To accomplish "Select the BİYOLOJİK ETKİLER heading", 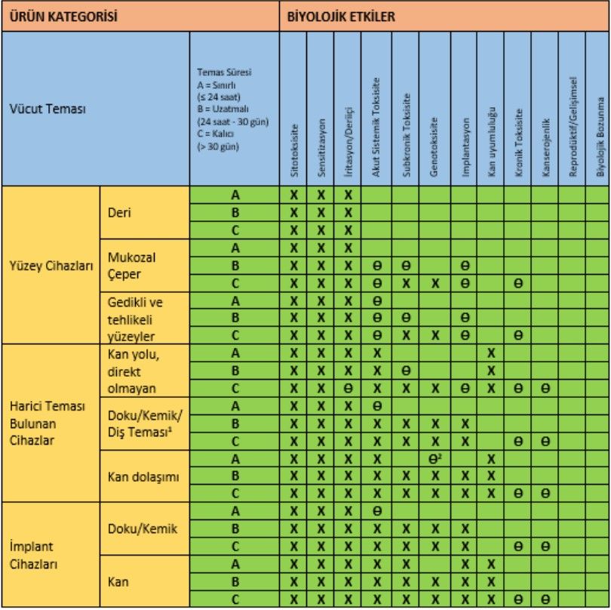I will click(341, 16).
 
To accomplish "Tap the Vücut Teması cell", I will click(48, 109).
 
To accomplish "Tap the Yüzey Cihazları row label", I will click(50, 265).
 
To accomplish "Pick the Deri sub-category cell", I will click(119, 212).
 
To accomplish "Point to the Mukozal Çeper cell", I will click(127, 265).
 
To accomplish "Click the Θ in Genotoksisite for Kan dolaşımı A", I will click(434, 458).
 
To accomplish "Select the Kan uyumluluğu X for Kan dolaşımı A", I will click(491, 458).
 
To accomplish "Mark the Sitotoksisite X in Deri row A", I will click(293, 195).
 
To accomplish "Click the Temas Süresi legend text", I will click(233, 109).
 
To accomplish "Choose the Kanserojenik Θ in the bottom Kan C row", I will click(545, 600).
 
